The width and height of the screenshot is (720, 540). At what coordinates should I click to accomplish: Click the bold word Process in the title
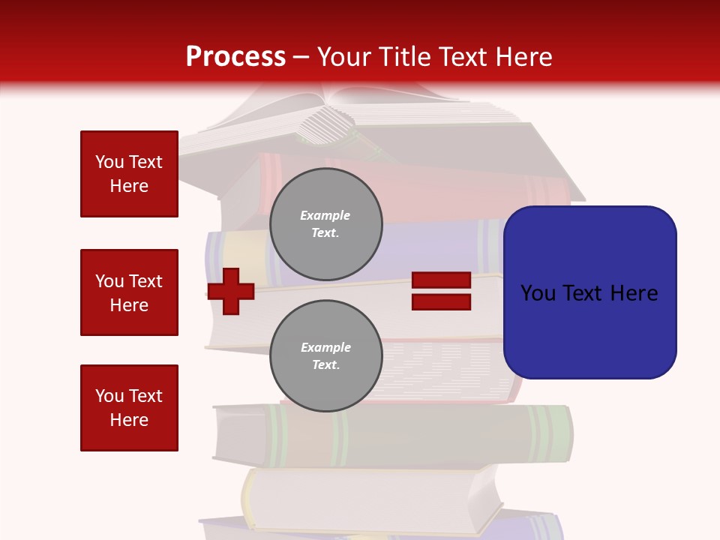(x=235, y=57)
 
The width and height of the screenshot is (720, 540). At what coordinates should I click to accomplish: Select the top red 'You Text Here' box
(x=129, y=174)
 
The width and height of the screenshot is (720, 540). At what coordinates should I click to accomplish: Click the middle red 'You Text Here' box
(x=129, y=292)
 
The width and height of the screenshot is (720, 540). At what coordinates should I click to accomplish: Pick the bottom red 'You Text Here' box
(x=129, y=408)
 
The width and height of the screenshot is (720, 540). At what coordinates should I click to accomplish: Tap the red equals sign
(x=441, y=292)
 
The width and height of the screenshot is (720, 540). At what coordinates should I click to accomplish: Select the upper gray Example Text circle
(x=325, y=223)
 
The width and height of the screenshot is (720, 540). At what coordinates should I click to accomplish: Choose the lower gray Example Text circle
(x=325, y=355)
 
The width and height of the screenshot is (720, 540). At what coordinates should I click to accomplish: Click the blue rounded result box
(x=589, y=292)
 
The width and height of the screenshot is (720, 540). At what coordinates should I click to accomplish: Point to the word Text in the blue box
(x=584, y=293)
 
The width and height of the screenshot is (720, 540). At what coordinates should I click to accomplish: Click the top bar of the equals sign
(x=441, y=280)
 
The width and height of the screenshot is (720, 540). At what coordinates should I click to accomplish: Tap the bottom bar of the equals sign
(x=441, y=302)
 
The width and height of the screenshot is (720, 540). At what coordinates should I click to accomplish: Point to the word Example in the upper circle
(x=325, y=215)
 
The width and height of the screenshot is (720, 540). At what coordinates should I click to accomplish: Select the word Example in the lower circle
(x=325, y=347)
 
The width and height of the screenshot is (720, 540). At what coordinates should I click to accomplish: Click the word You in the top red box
(x=109, y=162)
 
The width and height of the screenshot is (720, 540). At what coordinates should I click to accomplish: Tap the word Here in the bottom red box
(x=129, y=420)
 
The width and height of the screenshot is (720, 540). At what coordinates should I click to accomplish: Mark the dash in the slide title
(x=301, y=57)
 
